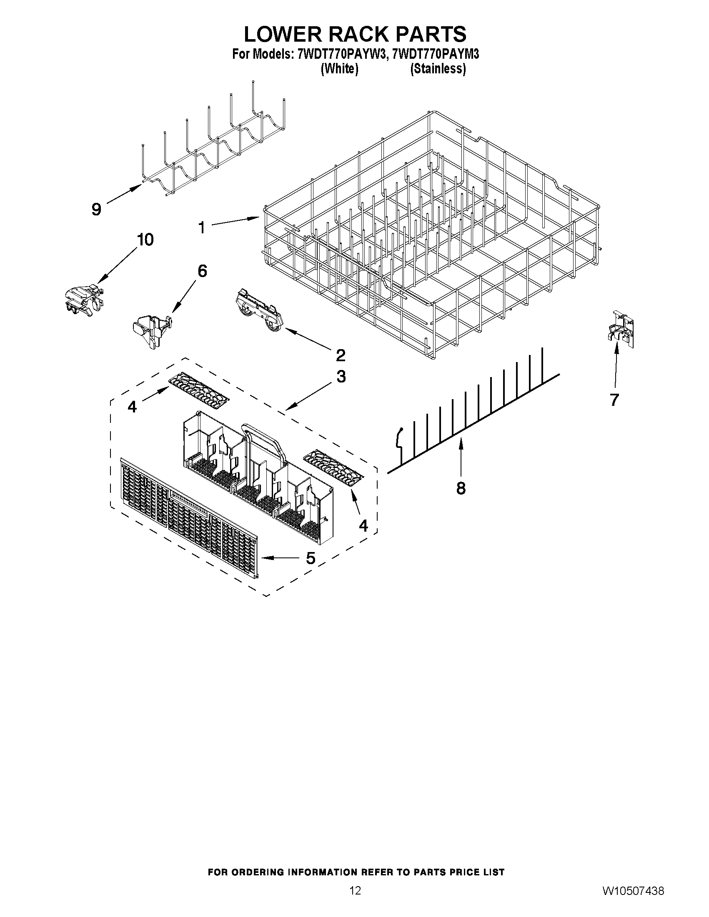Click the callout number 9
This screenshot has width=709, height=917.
coord(96,209)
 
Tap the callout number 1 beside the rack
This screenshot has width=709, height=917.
coord(202,228)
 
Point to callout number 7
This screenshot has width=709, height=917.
coord(614,400)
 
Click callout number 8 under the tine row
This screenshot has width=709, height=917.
coord(461,488)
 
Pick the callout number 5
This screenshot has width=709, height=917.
coord(311,558)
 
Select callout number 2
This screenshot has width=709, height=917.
coord(340,355)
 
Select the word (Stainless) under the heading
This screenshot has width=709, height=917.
coord(438,69)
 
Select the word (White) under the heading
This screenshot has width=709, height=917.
coord(339,69)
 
